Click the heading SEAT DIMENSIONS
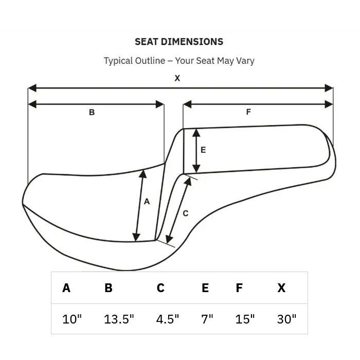[179, 42]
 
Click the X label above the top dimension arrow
[177, 78]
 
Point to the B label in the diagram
[92, 112]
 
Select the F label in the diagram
[248, 112]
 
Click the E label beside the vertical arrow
[203, 150]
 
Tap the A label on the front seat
[147, 202]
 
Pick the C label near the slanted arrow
[186, 213]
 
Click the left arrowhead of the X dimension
[32, 88]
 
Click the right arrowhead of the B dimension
[160, 104]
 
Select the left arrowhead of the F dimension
[187, 104]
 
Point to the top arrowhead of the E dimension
[196, 133]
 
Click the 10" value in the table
[72, 319]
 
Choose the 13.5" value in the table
[119, 319]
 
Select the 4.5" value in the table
[167, 319]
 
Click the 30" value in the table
[286, 319]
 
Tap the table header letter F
[239, 288]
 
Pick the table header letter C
[160, 288]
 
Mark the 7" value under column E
[207, 319]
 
